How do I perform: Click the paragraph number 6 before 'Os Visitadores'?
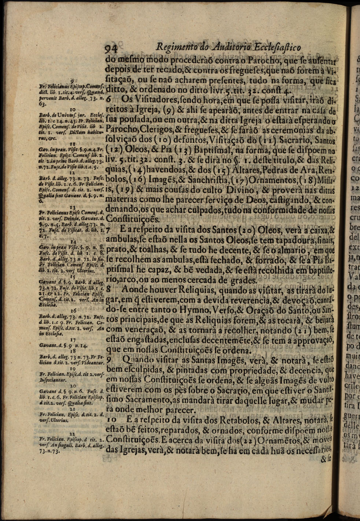tap(109, 99)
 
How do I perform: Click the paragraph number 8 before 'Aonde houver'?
tap(109, 291)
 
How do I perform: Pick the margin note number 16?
tap(73, 310)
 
